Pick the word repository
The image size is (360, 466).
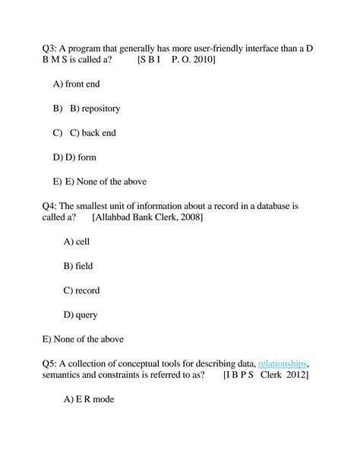pyautogui.click(x=100, y=109)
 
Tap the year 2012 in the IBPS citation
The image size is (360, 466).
pyautogui.click(x=294, y=376)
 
